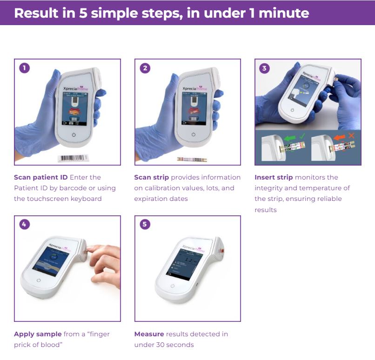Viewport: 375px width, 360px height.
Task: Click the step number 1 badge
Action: click(x=24, y=68)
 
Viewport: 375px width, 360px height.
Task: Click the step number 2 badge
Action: click(x=145, y=68)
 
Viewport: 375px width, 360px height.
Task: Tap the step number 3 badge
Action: click(x=265, y=68)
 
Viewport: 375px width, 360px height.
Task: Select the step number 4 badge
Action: click(x=24, y=225)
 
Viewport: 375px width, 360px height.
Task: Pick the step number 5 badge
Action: click(x=145, y=225)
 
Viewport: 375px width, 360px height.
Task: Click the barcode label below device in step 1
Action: click(x=72, y=158)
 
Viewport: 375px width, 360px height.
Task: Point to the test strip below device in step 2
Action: click(x=192, y=159)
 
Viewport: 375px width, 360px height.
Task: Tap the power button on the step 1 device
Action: click(x=73, y=134)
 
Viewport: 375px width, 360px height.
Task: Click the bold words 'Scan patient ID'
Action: click(x=40, y=177)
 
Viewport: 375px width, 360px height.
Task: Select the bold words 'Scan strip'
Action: click(x=152, y=177)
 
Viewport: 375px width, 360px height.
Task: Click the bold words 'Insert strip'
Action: click(x=274, y=177)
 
